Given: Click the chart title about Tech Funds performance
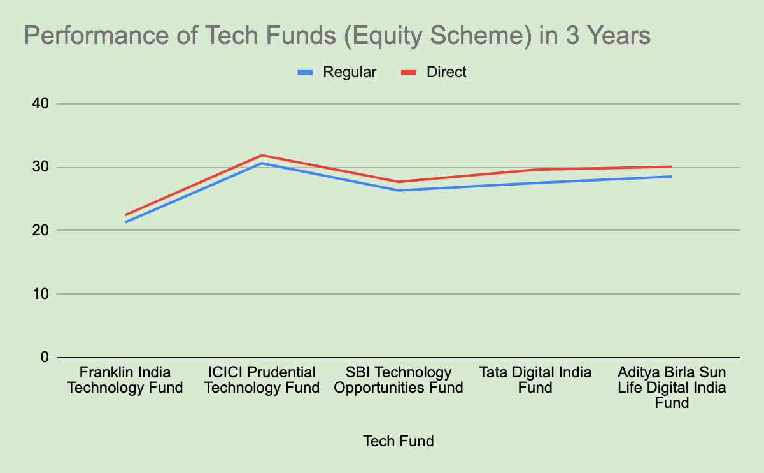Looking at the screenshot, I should pyautogui.click(x=337, y=36).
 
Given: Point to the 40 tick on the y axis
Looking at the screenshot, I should pyautogui.click(x=41, y=104).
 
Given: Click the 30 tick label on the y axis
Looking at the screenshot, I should pyautogui.click(x=41, y=168).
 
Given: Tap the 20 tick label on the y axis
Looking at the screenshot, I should pyautogui.click(x=41, y=230).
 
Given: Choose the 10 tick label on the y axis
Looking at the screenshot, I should pyautogui.click(x=41, y=294).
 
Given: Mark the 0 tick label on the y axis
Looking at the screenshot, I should pyautogui.click(x=45, y=357).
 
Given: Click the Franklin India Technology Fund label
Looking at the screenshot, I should pyautogui.click(x=125, y=380).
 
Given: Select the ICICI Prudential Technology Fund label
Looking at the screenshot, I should pyautogui.click(x=262, y=380).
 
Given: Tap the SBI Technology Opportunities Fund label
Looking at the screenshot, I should pyautogui.click(x=399, y=380).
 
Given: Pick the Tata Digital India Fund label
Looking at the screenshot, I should pyautogui.click(x=535, y=380).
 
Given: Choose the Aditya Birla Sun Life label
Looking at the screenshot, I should pyautogui.click(x=672, y=387).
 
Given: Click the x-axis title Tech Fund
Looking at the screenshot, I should pyautogui.click(x=399, y=440).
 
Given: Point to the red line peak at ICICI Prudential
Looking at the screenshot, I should pyautogui.click(x=262, y=155).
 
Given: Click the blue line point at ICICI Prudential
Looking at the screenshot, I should pyautogui.click(x=262, y=163).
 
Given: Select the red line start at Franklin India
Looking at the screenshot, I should pyautogui.click(x=126, y=215).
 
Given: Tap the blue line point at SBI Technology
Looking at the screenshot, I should pyautogui.click(x=399, y=190).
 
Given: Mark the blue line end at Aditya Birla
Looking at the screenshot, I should pyautogui.click(x=671, y=176).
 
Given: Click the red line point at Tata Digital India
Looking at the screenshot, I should pyautogui.click(x=535, y=170).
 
